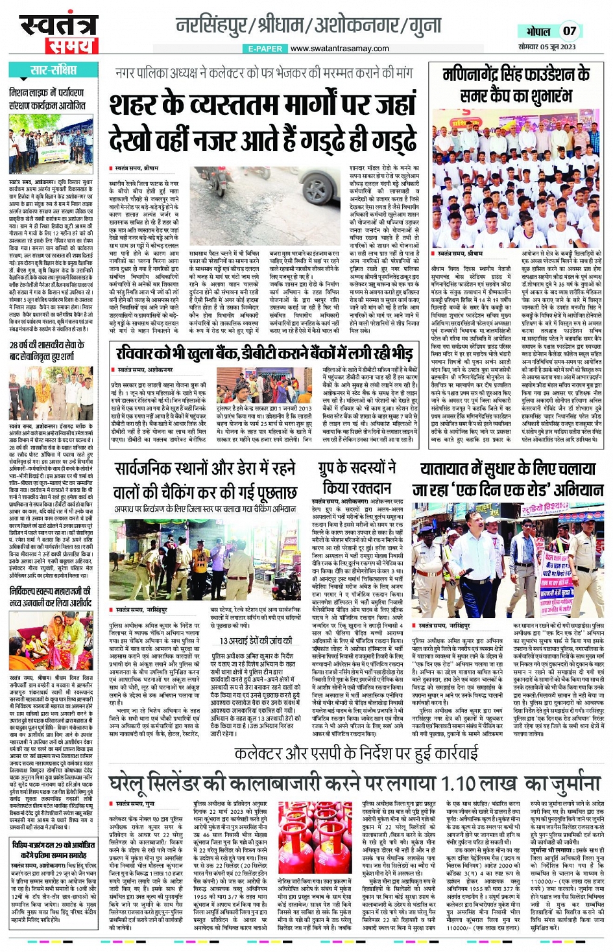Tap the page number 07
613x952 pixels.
coord(569,30)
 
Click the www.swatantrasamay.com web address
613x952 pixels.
coord(339,49)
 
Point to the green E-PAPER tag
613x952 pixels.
coord(265,49)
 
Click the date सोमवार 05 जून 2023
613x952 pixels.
coord(547,47)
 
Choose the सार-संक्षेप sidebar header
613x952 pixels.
coord(53,70)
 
